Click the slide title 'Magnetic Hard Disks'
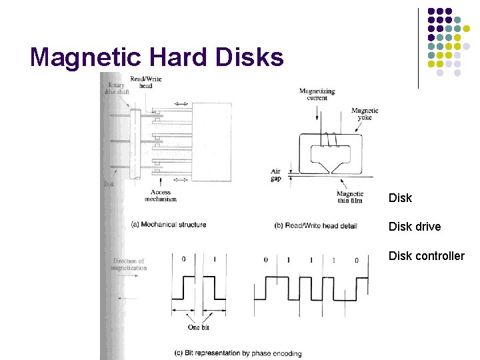point(157,57)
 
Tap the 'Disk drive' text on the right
point(414,227)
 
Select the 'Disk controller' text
point(426,256)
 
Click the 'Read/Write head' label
point(145,82)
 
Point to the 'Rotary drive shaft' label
point(119,89)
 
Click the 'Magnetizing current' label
point(317,94)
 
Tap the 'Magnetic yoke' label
point(365,114)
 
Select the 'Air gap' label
point(275,174)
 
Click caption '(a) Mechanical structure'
point(169,225)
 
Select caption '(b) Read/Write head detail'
point(315,226)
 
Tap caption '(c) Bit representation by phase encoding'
point(237,353)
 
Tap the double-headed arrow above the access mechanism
point(181,104)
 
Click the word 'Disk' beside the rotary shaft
point(109,184)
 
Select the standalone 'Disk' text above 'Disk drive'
point(400,198)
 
